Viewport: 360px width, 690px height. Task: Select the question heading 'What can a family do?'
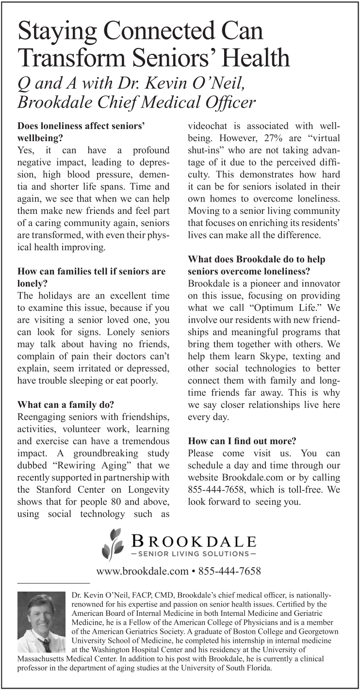tap(66, 403)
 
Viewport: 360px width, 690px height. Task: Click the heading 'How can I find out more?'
tap(242, 441)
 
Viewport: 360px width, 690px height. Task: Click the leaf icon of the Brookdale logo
tap(112, 545)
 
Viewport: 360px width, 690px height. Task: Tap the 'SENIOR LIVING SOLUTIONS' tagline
tap(192, 553)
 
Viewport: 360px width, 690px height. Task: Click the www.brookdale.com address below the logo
tap(142, 571)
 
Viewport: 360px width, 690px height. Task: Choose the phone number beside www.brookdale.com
tap(229, 571)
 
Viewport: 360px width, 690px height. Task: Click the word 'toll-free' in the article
tap(308, 490)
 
